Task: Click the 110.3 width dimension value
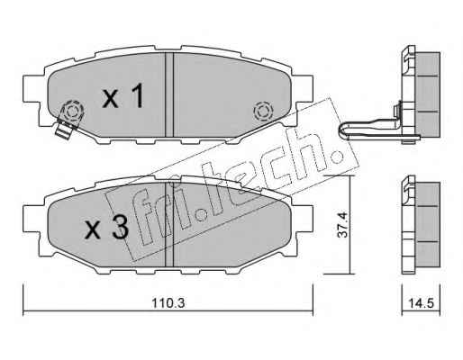tap(168, 303)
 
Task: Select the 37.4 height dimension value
tap(342, 225)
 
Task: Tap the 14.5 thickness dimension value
tap(421, 303)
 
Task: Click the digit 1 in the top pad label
tap(139, 95)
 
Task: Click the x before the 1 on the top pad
tap(111, 99)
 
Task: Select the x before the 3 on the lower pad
tap(93, 231)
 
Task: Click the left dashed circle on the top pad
tap(72, 112)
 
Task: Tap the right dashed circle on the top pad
tap(263, 112)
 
